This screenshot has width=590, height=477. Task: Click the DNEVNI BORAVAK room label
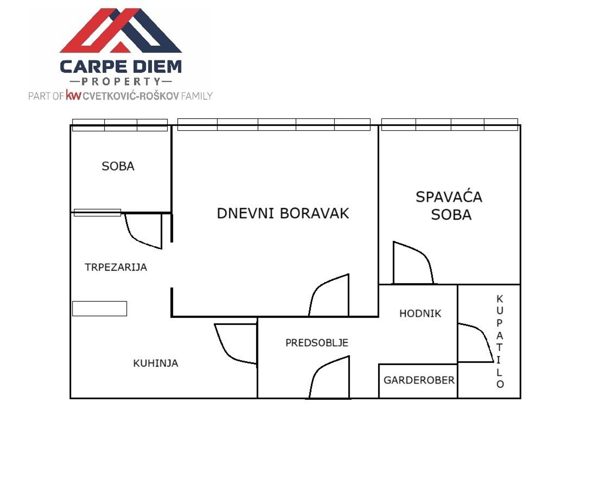point(283,213)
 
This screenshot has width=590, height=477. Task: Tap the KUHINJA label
point(156,363)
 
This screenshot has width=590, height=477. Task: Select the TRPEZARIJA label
point(116,267)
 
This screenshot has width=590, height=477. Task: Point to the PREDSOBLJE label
point(317,342)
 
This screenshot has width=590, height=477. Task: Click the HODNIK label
point(420,313)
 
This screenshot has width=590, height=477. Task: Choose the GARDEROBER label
point(419,380)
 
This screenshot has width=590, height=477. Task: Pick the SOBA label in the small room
point(118,166)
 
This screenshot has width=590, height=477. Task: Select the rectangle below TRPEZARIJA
point(99,308)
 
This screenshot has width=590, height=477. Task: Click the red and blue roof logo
point(121,31)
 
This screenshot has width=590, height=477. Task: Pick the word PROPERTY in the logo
point(121,82)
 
